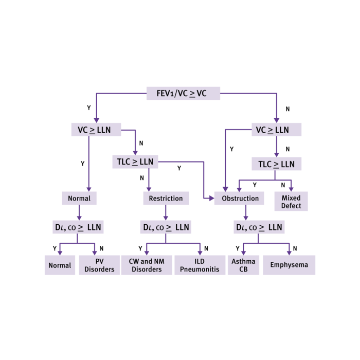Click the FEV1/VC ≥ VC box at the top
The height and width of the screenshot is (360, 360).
point(183,93)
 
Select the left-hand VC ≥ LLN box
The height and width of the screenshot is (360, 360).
point(96,130)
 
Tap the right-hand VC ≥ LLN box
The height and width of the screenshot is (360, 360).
point(276,130)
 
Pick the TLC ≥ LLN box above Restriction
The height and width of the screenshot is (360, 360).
point(135,161)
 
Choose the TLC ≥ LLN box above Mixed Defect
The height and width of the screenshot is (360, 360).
point(276,164)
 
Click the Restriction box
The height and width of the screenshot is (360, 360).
point(166,199)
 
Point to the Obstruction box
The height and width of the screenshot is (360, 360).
point(240,199)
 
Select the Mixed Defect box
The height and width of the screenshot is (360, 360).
point(291,202)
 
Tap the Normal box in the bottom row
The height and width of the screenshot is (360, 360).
point(60,265)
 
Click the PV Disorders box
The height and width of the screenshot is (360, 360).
point(99,265)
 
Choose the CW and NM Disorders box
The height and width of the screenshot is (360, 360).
point(147,265)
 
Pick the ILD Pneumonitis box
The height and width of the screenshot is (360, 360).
point(200,265)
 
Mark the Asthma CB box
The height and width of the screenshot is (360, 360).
point(243,265)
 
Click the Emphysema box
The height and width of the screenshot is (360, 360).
point(289,265)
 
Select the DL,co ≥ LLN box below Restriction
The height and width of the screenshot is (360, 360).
point(166,227)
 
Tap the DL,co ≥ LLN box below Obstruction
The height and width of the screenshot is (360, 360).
point(259,227)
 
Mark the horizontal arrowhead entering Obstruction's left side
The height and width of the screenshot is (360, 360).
point(211,198)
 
